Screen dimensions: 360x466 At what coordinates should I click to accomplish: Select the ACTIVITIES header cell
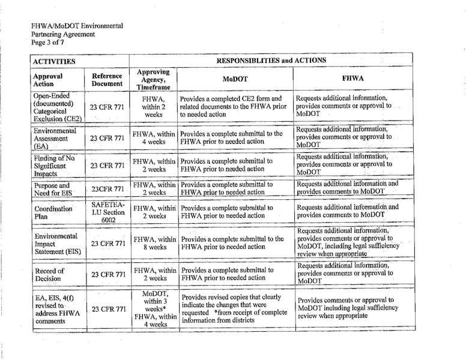54,61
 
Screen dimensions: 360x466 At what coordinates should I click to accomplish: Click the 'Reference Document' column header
107,80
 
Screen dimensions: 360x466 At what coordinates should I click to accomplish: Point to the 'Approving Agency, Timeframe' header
154,79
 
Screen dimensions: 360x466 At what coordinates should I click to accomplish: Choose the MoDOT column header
235,79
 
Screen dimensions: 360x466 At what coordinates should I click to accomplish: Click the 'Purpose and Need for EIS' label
52,190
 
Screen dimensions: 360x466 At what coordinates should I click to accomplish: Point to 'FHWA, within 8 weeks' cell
154,243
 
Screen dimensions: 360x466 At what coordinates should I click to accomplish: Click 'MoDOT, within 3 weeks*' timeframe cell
154,300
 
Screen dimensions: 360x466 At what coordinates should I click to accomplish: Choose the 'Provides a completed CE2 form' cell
235,106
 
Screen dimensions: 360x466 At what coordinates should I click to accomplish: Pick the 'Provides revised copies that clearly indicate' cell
235,308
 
